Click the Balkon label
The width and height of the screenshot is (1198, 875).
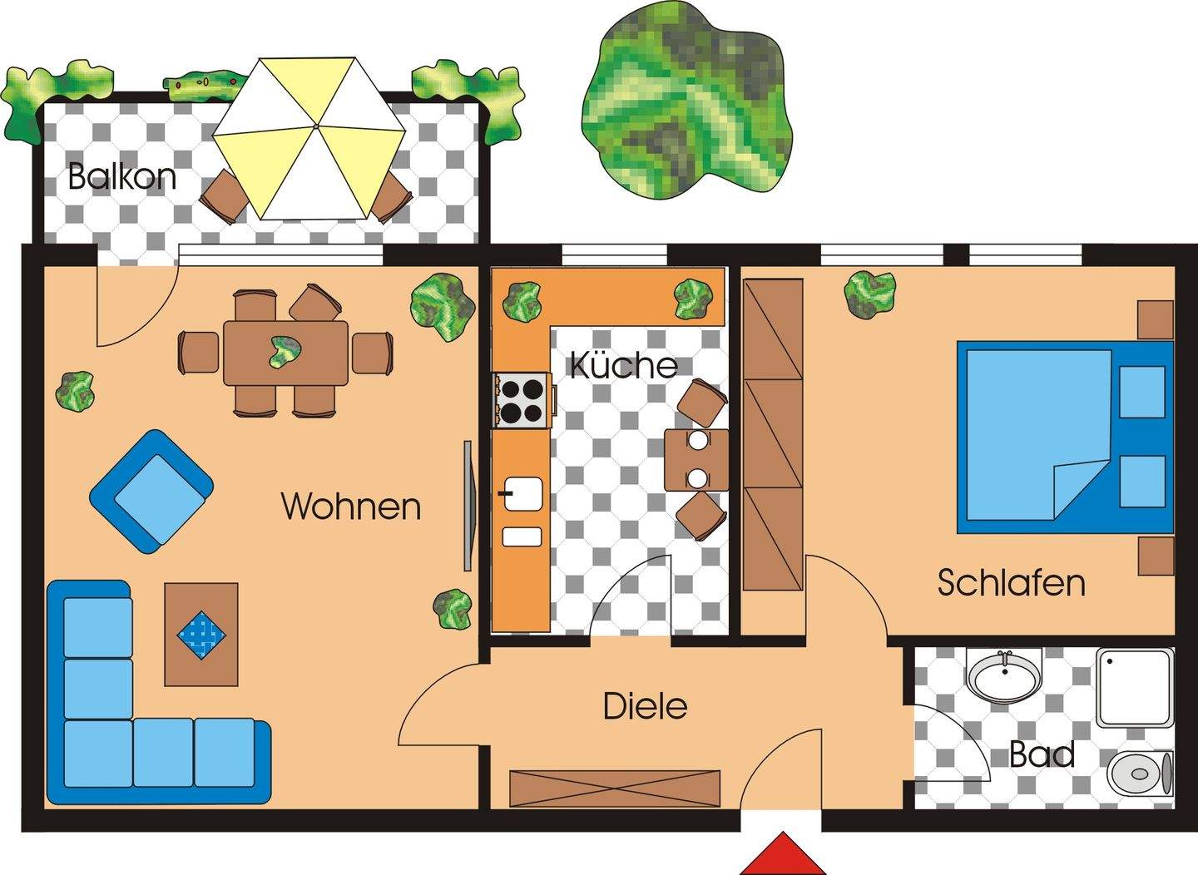[121, 177]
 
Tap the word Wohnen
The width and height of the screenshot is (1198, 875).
[351, 507]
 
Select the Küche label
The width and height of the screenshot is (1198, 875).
[623, 366]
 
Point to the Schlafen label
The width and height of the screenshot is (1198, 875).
[1011, 583]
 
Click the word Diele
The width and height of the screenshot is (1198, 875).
[645, 707]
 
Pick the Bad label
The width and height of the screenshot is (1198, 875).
[1042, 755]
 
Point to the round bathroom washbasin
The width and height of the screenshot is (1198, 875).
[1005, 675]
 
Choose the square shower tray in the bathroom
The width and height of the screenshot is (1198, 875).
[1134, 688]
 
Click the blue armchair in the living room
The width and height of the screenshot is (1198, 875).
[151, 491]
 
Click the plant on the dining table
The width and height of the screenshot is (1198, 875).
[285, 353]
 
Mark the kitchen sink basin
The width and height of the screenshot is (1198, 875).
[522, 493]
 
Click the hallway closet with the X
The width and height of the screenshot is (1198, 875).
[614, 788]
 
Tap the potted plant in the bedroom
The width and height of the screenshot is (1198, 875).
[870, 294]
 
